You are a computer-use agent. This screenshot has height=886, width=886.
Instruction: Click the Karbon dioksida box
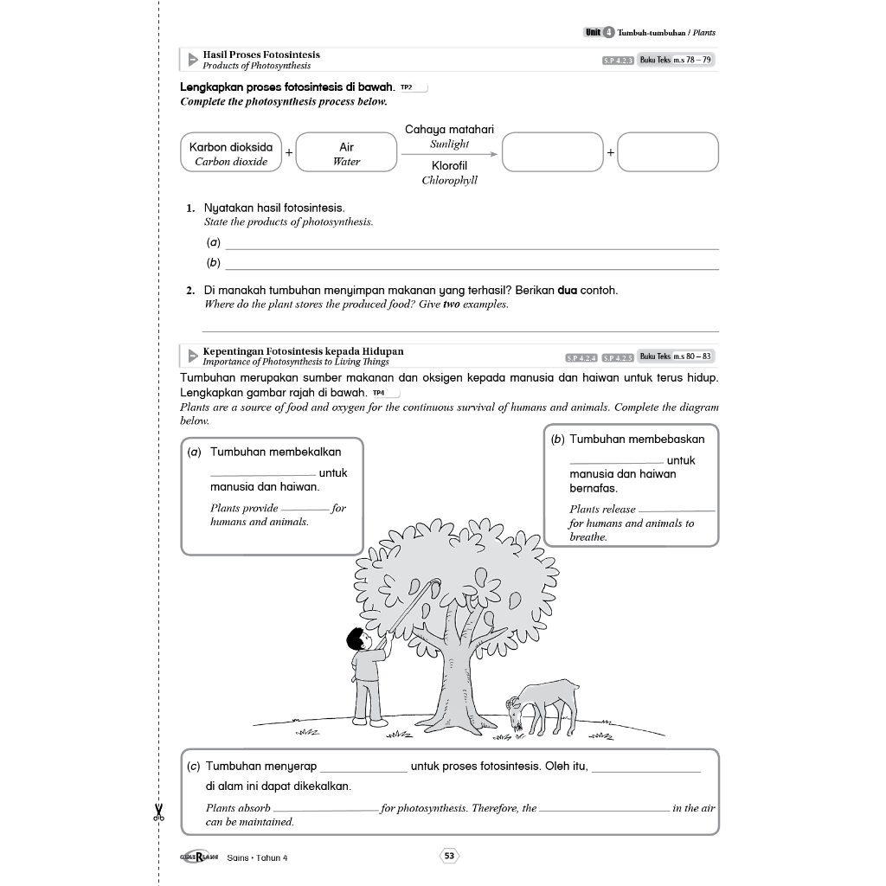(230, 153)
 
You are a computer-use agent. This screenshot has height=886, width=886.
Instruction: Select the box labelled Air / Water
(346, 153)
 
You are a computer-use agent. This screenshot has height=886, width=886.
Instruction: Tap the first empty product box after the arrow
(552, 152)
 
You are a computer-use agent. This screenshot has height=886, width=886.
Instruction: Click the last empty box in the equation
(668, 152)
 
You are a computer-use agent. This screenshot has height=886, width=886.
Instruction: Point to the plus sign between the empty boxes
(610, 152)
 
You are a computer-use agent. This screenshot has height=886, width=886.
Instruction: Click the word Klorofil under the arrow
(449, 165)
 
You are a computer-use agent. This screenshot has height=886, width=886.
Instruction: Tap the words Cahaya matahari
(449, 130)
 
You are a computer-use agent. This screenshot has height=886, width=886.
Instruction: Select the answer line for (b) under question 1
(472, 267)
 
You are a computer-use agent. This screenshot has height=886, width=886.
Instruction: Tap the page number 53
(449, 856)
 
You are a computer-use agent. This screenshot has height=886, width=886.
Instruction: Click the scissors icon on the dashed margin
(158, 812)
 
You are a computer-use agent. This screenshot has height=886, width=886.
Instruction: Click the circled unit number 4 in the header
(609, 33)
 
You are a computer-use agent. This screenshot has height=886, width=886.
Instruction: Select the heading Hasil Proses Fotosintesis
(260, 55)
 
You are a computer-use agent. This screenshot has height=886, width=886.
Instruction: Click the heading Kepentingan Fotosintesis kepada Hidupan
(303, 351)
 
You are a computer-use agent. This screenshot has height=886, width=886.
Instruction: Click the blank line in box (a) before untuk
(263, 474)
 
